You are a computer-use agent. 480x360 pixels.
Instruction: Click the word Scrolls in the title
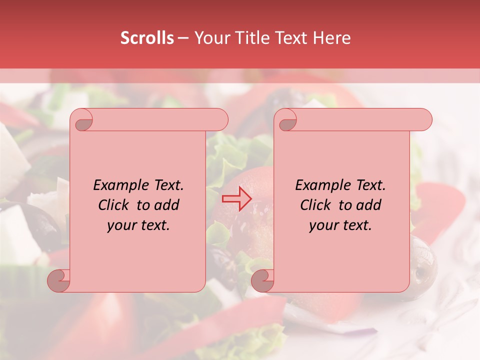pos(147,38)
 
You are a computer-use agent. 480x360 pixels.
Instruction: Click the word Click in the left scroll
pos(115,205)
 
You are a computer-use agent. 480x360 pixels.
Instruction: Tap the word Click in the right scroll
pos(317,205)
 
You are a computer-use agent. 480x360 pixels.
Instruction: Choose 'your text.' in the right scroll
pos(340,225)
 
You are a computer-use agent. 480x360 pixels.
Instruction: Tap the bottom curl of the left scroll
pos(59,281)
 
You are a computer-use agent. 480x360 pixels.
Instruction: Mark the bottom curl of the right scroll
pos(263,281)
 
